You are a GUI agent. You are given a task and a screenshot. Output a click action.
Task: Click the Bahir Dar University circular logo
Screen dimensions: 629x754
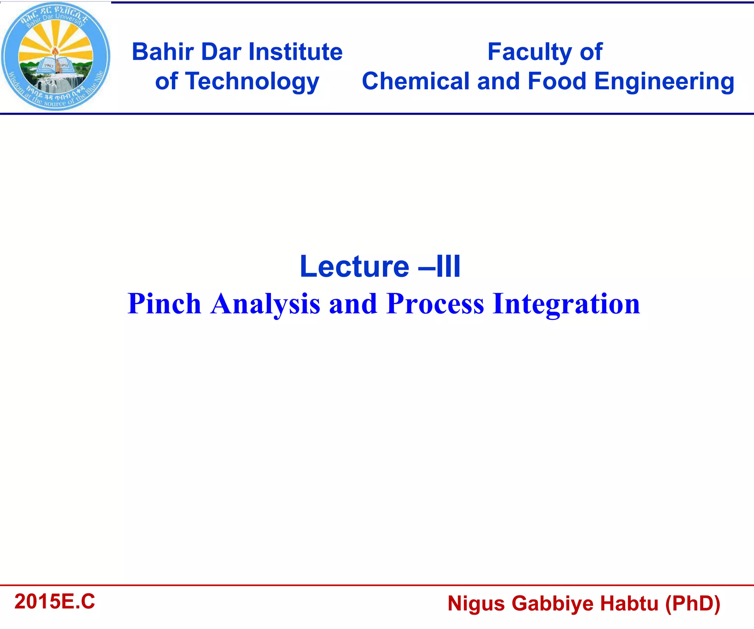click(55, 56)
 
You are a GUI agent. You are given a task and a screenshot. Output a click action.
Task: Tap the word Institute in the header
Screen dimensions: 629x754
click(295, 52)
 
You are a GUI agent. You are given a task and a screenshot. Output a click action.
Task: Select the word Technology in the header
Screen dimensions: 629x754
click(253, 81)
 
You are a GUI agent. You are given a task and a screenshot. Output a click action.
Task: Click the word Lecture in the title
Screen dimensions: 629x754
click(354, 266)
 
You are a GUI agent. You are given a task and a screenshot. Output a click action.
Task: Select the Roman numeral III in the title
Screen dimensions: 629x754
click(448, 266)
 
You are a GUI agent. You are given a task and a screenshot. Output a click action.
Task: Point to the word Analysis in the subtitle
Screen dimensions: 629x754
click(265, 304)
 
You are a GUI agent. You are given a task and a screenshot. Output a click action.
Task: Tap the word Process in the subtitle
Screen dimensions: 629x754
click(435, 304)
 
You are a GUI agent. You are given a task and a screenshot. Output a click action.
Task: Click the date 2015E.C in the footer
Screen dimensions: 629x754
click(54, 601)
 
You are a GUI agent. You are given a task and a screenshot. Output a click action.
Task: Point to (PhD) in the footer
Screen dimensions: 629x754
click(692, 604)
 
